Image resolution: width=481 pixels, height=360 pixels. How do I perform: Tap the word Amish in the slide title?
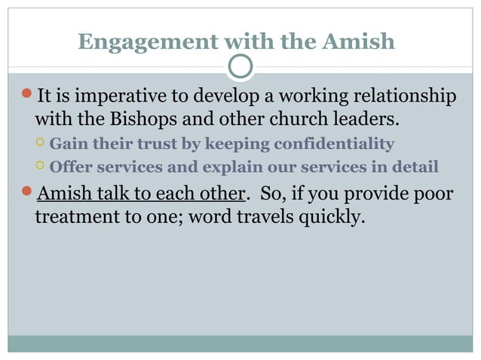pos(358,41)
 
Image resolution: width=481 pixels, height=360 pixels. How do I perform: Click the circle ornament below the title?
pos(240,66)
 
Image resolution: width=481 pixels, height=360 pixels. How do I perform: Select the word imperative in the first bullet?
pos(124,97)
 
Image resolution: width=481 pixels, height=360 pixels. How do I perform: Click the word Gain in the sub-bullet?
pos(66,143)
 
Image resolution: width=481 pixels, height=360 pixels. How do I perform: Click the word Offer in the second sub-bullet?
pos(69,166)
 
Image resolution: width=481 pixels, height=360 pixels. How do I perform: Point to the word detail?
pos(413,166)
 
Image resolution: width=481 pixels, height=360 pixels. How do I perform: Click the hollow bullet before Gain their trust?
pos(40,143)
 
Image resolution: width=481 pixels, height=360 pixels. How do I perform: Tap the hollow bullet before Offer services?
pos(40,166)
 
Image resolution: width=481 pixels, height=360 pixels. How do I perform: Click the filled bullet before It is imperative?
pos(26,96)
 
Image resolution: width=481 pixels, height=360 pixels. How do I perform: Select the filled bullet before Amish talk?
pos(26,192)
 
